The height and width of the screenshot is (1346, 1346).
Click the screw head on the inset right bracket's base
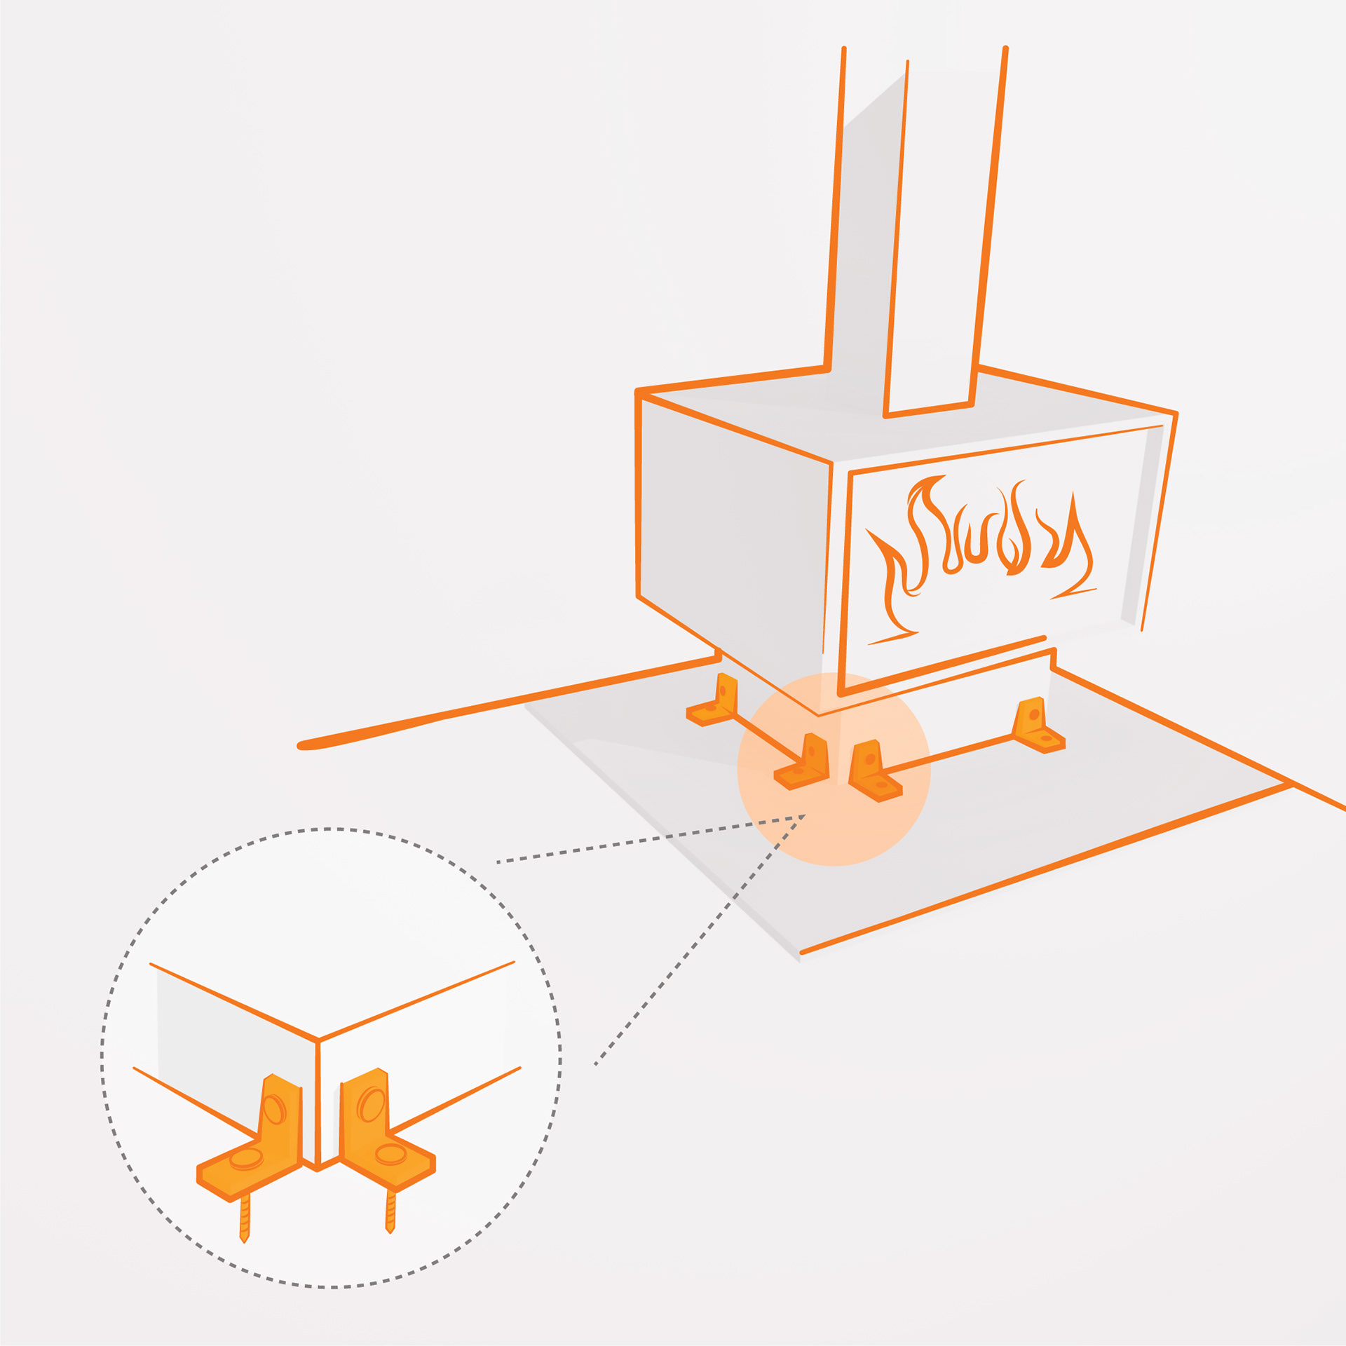390,1153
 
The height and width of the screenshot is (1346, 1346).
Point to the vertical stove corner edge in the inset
318,1101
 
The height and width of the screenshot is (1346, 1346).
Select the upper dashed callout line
652,838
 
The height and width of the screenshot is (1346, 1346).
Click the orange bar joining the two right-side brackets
946,754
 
